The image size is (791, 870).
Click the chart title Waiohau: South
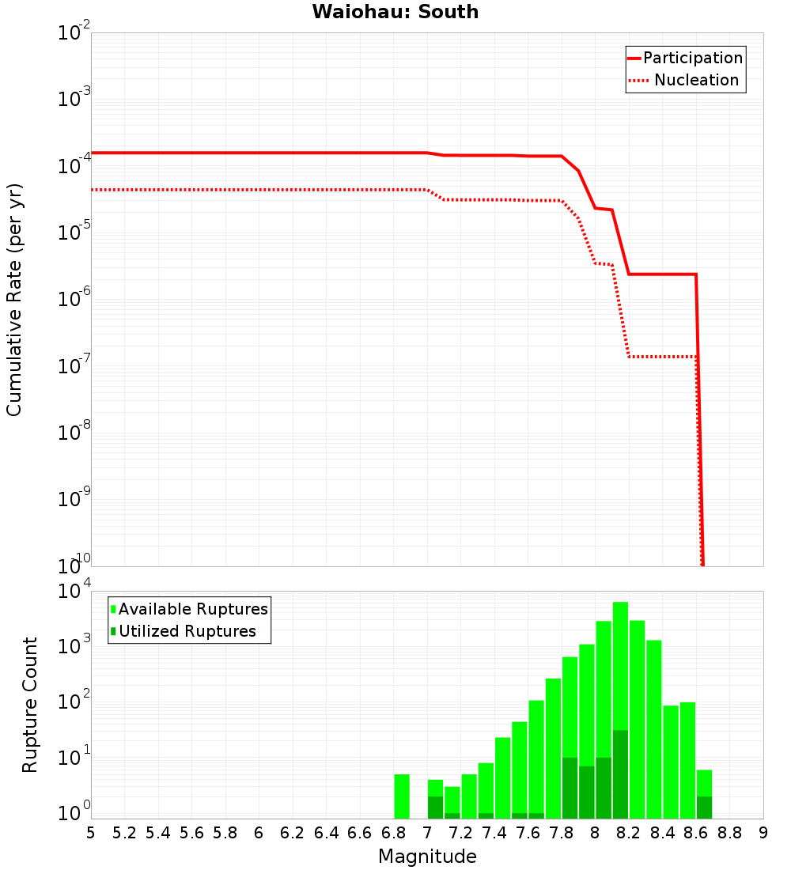(395, 12)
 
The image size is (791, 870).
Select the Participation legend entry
(692, 58)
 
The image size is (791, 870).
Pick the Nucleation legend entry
(696, 80)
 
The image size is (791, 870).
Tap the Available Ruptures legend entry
(193, 609)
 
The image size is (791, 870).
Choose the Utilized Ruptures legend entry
(187, 631)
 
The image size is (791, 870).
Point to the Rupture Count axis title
(30, 705)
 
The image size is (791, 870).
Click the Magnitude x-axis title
(427, 857)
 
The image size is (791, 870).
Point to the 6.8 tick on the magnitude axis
(393, 833)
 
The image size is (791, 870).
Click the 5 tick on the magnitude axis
(91, 833)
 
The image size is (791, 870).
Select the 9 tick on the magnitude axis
(763, 833)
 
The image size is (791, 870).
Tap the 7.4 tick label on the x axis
(494, 833)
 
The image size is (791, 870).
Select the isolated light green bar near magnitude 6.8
(402, 796)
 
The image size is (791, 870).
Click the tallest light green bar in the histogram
(620, 710)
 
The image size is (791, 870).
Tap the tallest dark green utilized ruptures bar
(620, 774)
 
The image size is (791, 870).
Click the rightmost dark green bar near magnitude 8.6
(704, 808)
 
